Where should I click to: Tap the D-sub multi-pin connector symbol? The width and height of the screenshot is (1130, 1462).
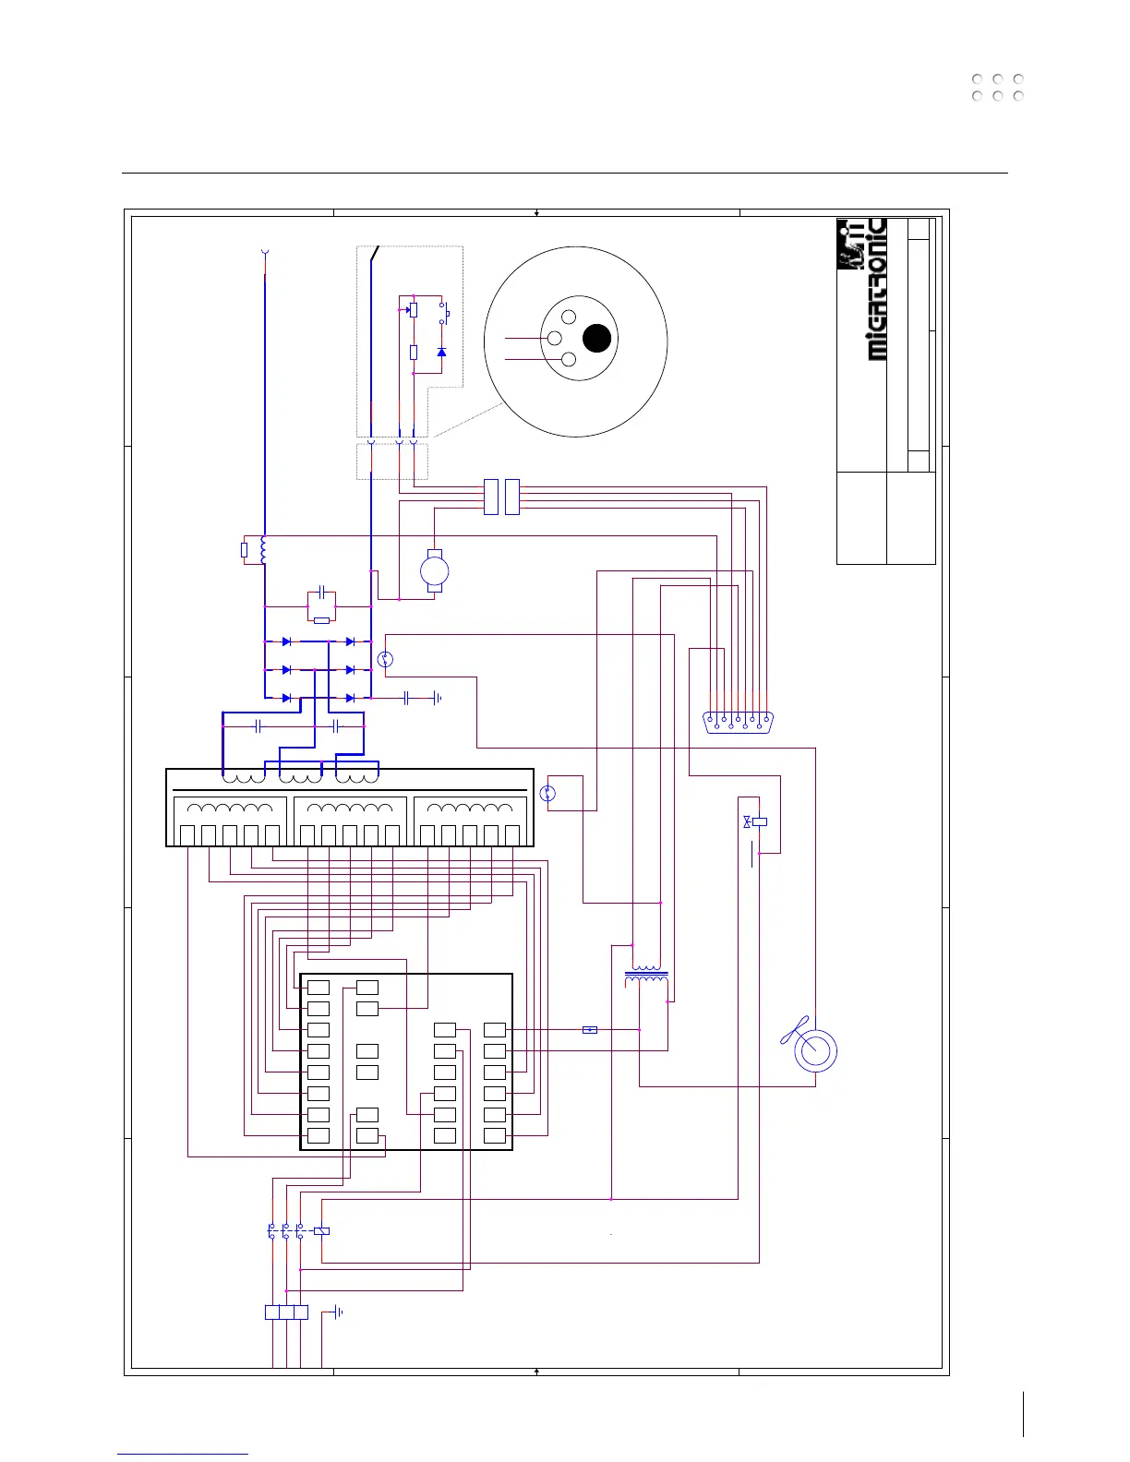pyautogui.click(x=738, y=722)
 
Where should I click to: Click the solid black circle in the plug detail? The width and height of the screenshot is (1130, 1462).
pyautogui.click(x=597, y=339)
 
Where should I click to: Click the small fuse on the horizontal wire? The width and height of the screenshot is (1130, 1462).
pyautogui.click(x=590, y=1029)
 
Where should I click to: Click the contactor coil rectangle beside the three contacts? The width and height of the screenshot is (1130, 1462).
pyautogui.click(x=321, y=1230)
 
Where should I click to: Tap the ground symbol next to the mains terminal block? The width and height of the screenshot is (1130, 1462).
pyautogui.click(x=339, y=1312)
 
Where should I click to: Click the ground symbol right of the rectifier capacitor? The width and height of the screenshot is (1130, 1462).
pyautogui.click(x=437, y=698)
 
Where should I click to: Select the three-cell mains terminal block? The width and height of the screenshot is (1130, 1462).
pyautogui.click(x=286, y=1312)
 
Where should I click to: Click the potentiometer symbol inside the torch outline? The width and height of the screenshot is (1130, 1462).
pyautogui.click(x=413, y=310)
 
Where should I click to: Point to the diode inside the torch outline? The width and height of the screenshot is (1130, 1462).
pyautogui.click(x=441, y=353)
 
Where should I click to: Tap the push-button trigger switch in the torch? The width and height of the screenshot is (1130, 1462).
pyautogui.click(x=444, y=314)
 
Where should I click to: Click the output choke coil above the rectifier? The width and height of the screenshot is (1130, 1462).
pyautogui.click(x=264, y=550)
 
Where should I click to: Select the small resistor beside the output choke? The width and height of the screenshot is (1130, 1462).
pyautogui.click(x=244, y=550)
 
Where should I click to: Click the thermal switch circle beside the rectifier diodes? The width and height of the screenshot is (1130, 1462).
pyautogui.click(x=386, y=659)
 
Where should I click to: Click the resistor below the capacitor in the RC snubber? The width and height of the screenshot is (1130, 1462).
pyautogui.click(x=320, y=620)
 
